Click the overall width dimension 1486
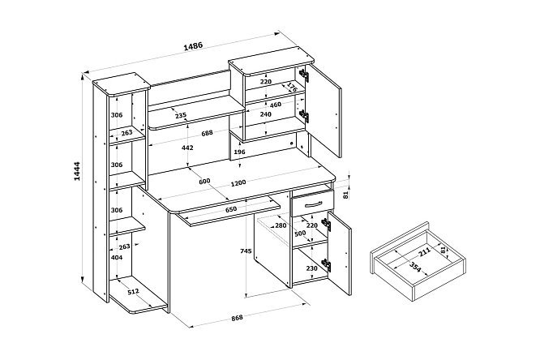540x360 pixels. [193, 46]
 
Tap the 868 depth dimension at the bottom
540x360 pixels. [237, 318]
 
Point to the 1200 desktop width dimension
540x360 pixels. [238, 182]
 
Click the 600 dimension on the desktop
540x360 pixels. [204, 181]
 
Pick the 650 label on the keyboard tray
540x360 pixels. [231, 209]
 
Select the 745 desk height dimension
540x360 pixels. [246, 251]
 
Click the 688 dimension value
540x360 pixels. [208, 133]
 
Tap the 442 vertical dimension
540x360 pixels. [187, 148]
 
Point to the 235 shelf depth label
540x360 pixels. [181, 115]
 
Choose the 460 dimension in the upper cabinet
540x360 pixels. [275, 105]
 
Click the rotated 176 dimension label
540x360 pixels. [292, 87]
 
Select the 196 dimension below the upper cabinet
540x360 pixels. [239, 152]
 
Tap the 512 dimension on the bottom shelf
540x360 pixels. [133, 292]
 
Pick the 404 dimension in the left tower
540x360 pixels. [117, 257]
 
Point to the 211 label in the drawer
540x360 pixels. [424, 252]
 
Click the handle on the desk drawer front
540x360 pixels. [314, 204]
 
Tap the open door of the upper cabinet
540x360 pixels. [324, 110]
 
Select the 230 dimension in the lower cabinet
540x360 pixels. [311, 268]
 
